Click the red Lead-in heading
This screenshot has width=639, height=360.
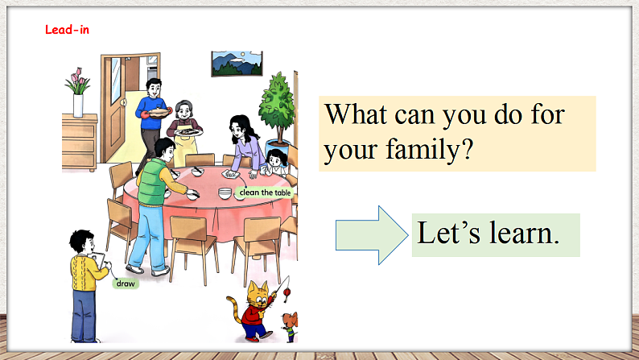point(67,29)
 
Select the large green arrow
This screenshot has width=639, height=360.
point(370,234)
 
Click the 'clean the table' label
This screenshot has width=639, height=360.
point(265,193)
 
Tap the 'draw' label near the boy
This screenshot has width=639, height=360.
point(125,283)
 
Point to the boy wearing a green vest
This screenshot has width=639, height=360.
point(154,201)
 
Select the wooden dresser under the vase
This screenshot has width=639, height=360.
point(79,142)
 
